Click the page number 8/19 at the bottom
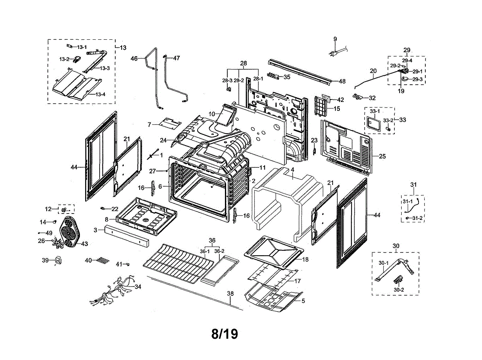point(225,334)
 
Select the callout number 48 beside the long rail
point(342,81)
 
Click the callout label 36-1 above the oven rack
point(205,251)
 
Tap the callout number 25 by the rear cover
point(382,156)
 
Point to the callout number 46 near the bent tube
point(134,58)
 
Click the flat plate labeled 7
point(169,122)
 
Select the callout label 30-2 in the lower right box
point(399,289)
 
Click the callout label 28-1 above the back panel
point(257,79)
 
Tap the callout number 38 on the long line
point(230,294)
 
